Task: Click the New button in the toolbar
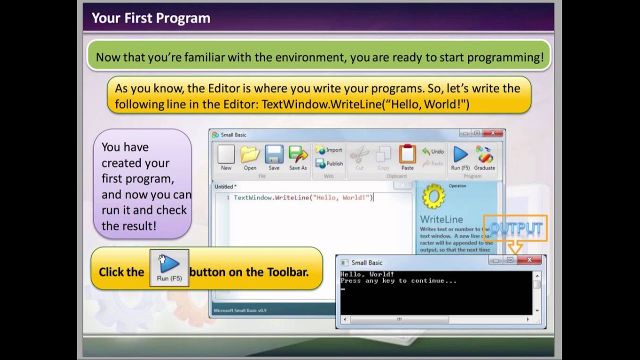(x=226, y=157)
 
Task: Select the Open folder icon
(x=250, y=157)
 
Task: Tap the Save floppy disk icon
(x=274, y=157)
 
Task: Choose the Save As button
(x=298, y=157)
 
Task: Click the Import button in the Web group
(x=329, y=150)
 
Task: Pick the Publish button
(x=329, y=163)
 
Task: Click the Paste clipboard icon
(x=407, y=157)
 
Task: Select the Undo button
(x=433, y=151)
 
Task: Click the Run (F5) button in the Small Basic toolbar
(x=460, y=157)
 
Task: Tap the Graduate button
(x=484, y=157)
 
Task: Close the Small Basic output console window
(x=529, y=260)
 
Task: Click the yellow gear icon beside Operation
(x=433, y=196)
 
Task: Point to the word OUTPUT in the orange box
(x=515, y=228)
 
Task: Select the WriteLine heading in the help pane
(x=441, y=219)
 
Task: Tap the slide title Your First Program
(x=150, y=18)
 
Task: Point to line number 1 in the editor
(x=228, y=198)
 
